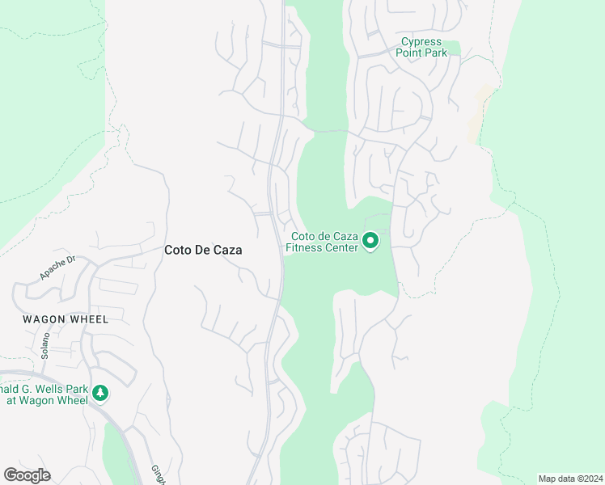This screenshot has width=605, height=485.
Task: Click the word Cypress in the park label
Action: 421,42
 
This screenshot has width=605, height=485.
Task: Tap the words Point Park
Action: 421,53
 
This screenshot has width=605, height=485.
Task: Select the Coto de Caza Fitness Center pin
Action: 370,241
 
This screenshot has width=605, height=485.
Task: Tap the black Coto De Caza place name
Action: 203,251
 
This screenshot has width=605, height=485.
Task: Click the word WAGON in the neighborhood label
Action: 43,319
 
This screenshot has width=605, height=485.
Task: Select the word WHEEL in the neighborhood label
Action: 88,319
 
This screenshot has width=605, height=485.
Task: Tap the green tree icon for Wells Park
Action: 100,393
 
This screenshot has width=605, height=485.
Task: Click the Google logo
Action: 27,475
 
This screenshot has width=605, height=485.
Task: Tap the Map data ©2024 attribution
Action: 569,479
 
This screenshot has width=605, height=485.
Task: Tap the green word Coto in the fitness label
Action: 303,237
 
